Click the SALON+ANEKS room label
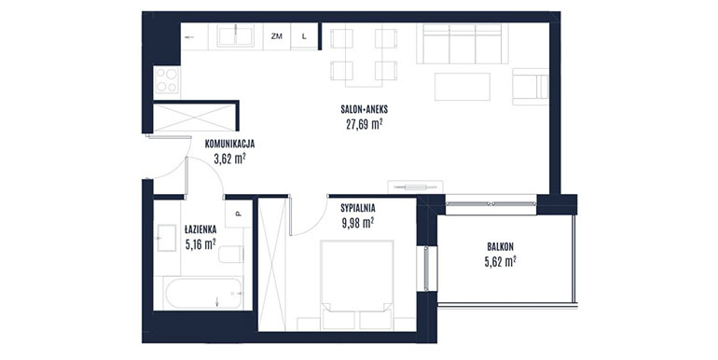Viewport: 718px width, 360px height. coord(364,109)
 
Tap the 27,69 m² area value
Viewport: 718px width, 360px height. coord(364,124)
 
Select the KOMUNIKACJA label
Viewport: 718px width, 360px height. coord(229,144)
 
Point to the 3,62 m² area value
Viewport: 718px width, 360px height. coord(229,159)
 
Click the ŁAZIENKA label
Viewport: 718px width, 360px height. coord(200,229)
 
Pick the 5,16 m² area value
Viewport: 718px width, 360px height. coord(200,244)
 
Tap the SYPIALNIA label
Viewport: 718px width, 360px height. coord(358,208)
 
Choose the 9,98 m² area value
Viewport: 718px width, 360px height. coord(358,223)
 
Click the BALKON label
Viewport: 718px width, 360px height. coord(500,247)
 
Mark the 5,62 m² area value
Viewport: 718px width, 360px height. coord(500,261)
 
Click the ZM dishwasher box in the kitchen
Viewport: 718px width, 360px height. coord(277,36)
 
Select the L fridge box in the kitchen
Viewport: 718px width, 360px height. coord(304,36)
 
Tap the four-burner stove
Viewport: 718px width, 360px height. coord(167,80)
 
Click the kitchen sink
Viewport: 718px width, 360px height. coord(236,36)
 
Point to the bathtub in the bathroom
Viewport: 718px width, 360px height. coord(204,294)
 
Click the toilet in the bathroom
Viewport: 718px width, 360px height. coord(231,255)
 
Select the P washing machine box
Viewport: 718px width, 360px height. coord(239,214)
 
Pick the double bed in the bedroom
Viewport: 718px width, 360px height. coord(357,284)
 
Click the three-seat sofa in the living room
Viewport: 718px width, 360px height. coord(462,44)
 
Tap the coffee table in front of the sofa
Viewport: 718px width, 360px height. coord(462,87)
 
